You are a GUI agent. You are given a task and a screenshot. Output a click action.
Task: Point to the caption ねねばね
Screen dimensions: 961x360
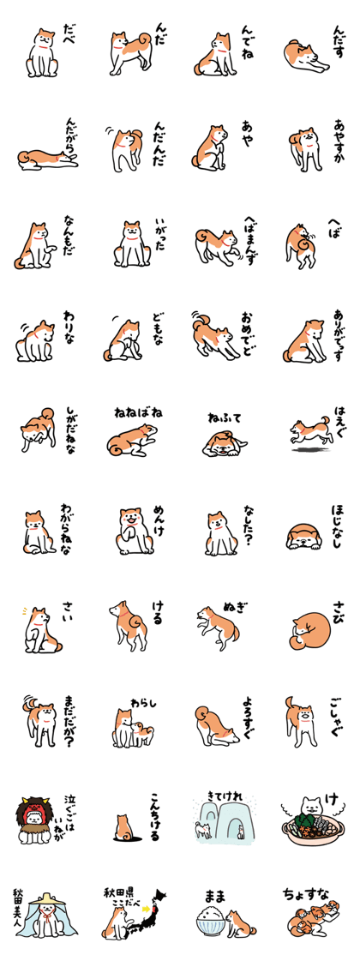coord(138,413)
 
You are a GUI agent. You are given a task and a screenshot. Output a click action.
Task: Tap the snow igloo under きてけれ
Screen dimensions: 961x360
coord(223,823)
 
